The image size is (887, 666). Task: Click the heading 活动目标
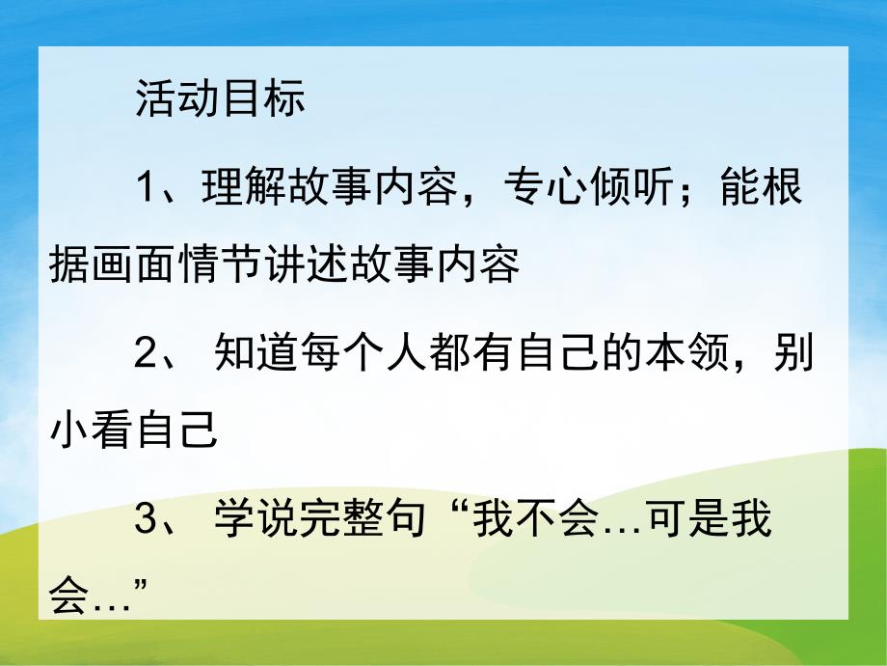[x=220, y=99]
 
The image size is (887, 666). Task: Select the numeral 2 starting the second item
[x=147, y=355]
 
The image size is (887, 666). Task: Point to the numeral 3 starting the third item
[x=147, y=521]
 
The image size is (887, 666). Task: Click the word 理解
[x=232, y=188]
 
